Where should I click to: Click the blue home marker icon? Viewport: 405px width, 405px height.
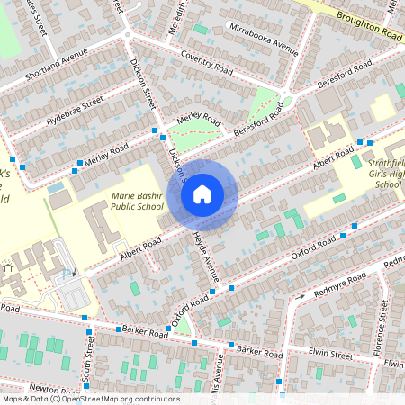click(x=202, y=193)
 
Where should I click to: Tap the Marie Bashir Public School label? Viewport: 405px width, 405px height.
click(x=137, y=200)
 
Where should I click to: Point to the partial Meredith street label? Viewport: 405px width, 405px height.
click(x=177, y=15)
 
